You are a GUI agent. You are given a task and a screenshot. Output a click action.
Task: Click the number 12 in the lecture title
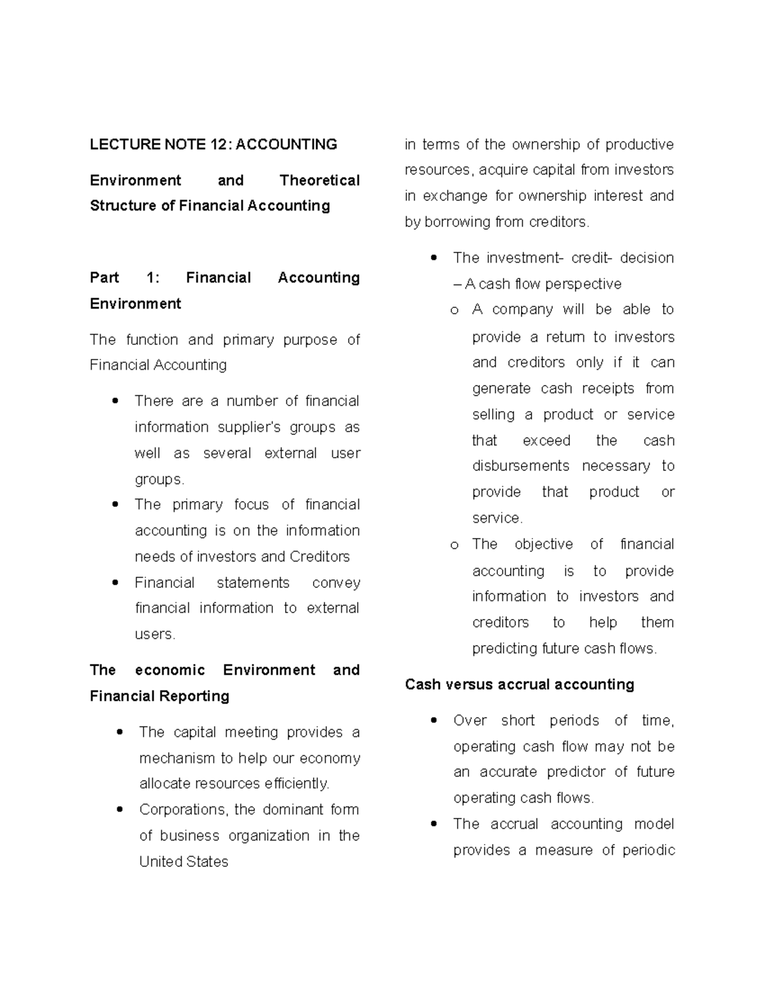point(218,145)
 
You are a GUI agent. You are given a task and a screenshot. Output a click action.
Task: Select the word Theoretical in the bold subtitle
point(319,180)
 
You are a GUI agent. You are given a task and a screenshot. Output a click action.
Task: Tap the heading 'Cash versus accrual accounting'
point(519,685)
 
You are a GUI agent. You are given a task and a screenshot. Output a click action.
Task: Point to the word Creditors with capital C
point(319,557)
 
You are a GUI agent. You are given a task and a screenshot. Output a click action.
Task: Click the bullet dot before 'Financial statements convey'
point(115,583)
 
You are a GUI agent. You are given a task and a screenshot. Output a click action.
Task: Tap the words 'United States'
point(184,862)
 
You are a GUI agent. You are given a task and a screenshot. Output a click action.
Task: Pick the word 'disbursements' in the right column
point(520,466)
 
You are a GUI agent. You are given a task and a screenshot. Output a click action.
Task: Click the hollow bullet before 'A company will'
point(454,310)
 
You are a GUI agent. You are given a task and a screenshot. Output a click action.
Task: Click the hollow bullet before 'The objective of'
point(454,545)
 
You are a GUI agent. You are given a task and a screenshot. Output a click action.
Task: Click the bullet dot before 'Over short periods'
point(434,721)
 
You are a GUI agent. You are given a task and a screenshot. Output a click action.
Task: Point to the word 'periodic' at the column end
point(648,850)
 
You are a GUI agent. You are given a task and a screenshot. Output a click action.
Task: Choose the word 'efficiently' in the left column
point(296,783)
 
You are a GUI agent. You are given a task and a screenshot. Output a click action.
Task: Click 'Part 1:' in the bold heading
point(124,278)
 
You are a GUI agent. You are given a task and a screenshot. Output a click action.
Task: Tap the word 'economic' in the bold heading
point(170,670)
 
